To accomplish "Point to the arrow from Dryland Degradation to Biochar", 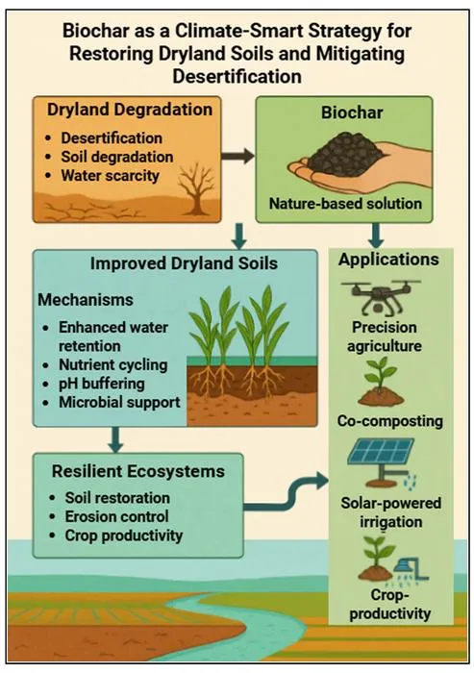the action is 237,156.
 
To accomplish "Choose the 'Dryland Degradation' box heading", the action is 130,110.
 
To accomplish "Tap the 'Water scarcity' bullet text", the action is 110,176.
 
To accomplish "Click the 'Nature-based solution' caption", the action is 345,203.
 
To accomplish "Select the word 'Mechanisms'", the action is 86,300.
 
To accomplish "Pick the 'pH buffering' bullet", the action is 101,384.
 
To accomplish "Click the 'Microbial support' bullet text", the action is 119,402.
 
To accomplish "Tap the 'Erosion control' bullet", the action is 116,516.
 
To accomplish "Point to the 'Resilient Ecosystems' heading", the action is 138,471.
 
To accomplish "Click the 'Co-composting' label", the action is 389,421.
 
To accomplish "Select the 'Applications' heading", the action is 388,260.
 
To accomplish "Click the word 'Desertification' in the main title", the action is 237,76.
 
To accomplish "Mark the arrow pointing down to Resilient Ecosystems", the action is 116,439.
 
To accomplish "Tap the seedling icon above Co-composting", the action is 381,384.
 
